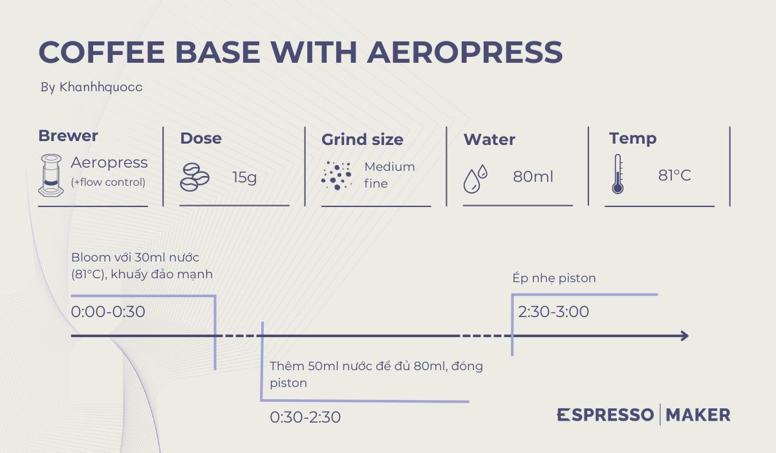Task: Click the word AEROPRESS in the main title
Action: click(x=464, y=52)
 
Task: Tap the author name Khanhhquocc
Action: click(x=101, y=87)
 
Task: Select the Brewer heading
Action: click(x=68, y=135)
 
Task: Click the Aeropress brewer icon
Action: click(x=51, y=175)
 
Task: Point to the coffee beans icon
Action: click(x=195, y=177)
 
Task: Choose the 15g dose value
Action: click(x=244, y=177)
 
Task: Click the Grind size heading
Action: click(x=362, y=140)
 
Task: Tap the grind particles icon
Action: click(x=336, y=175)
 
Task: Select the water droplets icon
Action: click(x=475, y=179)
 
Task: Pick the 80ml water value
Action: click(x=533, y=177)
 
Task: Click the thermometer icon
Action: click(x=618, y=174)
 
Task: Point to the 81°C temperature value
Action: click(x=674, y=175)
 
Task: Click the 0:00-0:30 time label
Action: click(x=108, y=311)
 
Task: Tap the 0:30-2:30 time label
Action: click(x=305, y=417)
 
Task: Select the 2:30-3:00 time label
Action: click(x=554, y=311)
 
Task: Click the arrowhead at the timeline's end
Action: click(x=685, y=336)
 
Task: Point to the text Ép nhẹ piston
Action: click(x=554, y=278)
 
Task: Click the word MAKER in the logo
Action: click(x=698, y=415)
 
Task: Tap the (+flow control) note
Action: click(x=108, y=182)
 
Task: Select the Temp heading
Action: click(x=632, y=138)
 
